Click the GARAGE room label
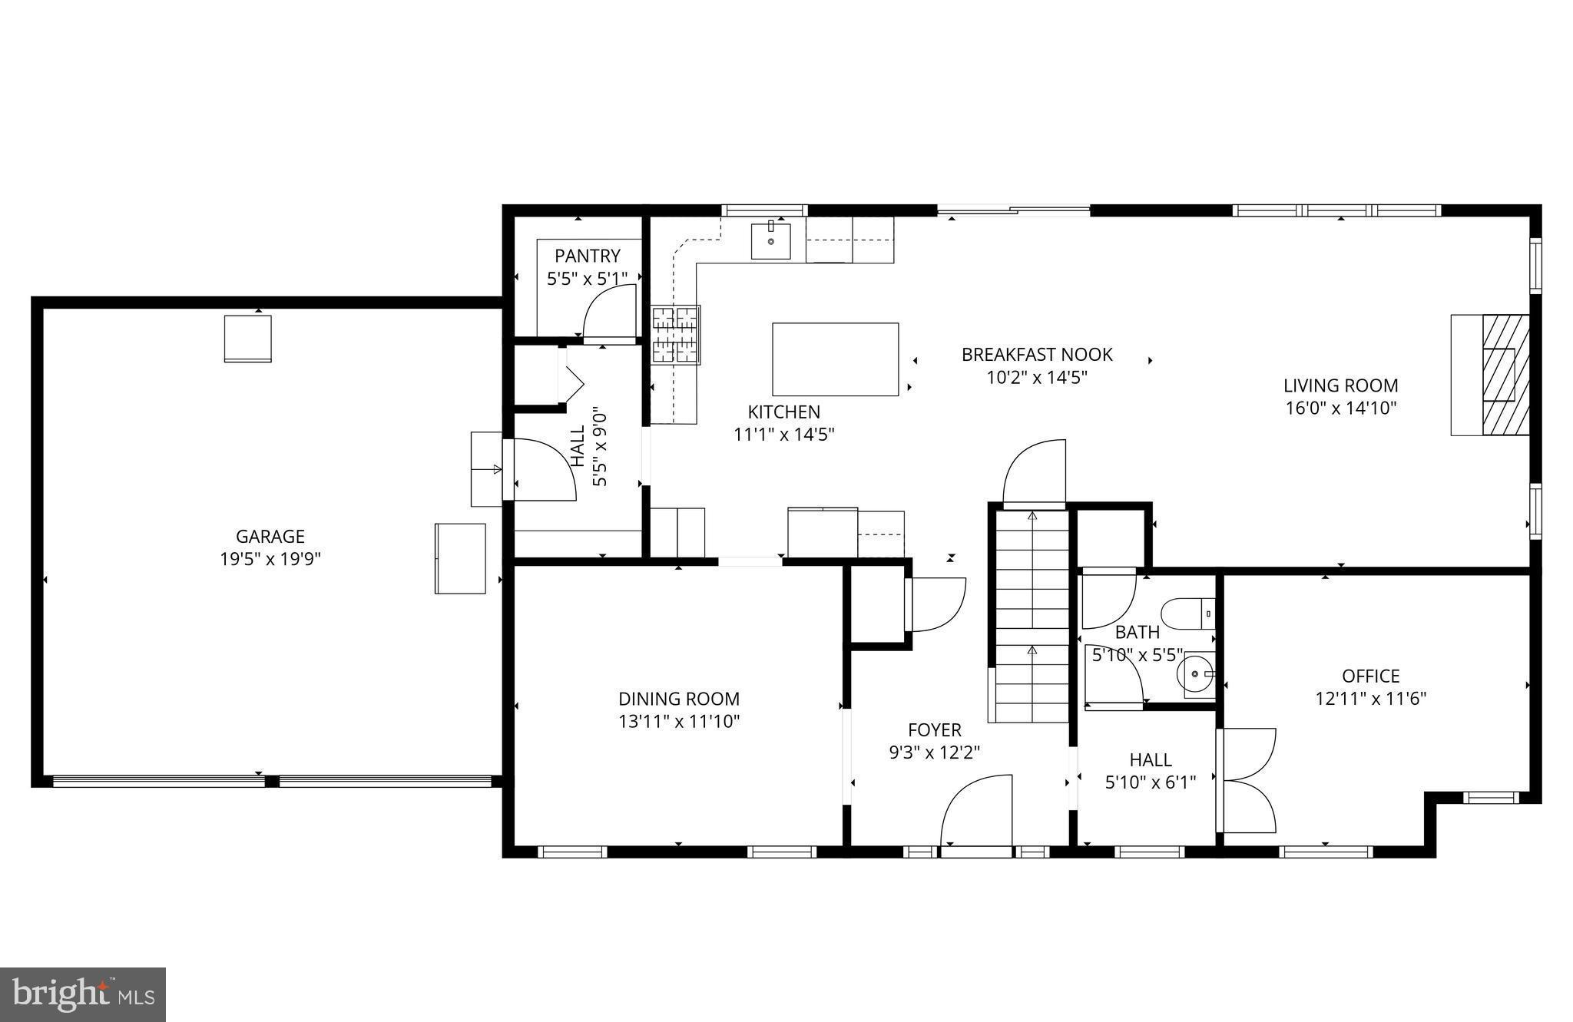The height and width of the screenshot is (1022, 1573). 270,536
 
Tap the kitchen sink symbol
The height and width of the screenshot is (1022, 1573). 770,240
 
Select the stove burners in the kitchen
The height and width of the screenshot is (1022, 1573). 676,335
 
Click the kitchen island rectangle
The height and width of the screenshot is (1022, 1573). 835,359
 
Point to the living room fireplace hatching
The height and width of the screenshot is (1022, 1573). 1505,375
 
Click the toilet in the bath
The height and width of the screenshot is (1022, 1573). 1187,614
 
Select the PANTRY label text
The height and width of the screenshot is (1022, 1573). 587,256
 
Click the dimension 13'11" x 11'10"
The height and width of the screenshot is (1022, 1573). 679,721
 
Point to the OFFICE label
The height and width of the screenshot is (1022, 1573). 1370,676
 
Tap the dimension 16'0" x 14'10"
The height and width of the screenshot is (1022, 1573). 1340,408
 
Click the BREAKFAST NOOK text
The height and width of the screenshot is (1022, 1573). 1037,354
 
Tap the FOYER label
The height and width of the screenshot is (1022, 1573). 934,729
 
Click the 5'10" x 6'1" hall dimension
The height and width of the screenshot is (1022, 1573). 1150,782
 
